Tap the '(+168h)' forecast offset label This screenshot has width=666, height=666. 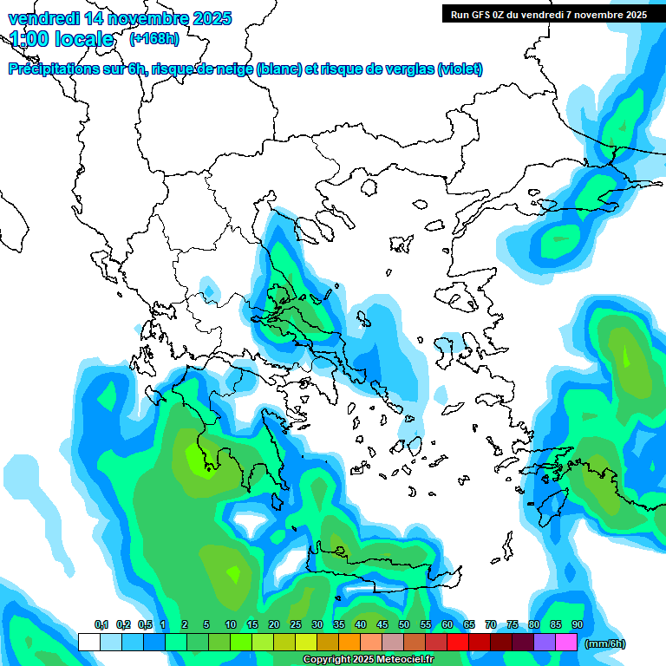154,39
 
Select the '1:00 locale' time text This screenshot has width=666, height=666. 62,39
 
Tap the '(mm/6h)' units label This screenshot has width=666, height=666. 605,643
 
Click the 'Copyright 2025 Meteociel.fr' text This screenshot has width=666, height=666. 368,660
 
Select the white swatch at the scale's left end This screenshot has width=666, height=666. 88,642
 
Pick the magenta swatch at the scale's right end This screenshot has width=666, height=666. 566,642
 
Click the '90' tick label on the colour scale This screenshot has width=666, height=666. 577,624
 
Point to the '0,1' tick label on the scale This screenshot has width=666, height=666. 101,624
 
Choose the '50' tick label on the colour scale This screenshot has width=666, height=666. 404,624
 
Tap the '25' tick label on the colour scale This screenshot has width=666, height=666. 296,624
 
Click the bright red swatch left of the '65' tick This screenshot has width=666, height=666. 458,642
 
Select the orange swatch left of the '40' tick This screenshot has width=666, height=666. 349,642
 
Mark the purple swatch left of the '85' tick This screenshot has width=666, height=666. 545,642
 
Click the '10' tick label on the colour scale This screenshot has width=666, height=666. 231,624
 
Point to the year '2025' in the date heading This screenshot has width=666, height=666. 211,18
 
